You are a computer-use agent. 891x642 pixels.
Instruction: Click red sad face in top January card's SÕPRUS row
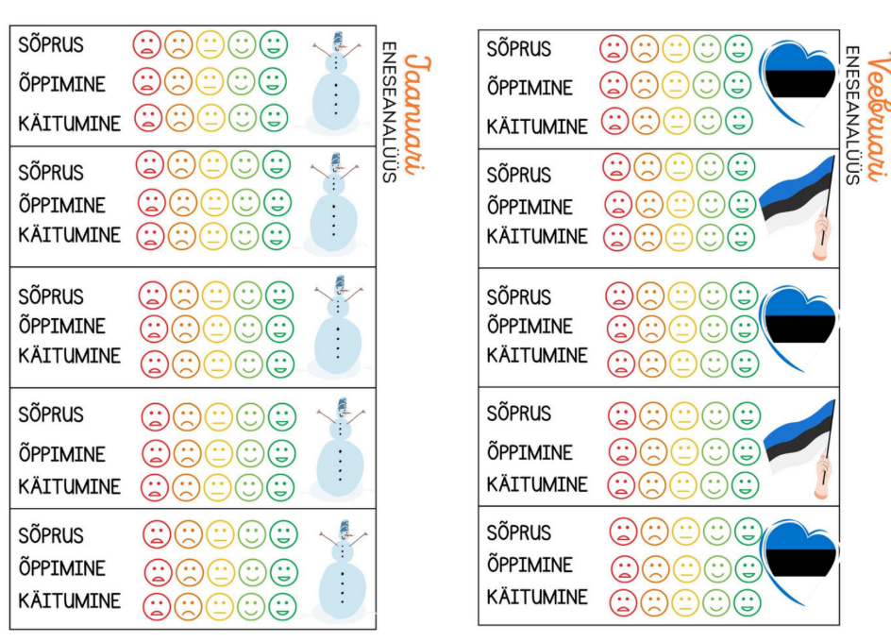click(146, 44)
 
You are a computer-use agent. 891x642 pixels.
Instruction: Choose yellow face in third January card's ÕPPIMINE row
click(217, 329)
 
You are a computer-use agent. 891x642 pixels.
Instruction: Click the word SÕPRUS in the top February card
click(517, 48)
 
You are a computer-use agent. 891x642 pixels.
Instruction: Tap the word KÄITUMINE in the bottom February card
click(536, 597)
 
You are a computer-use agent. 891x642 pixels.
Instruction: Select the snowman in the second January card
click(332, 204)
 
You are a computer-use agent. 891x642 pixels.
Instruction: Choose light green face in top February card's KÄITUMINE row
click(707, 121)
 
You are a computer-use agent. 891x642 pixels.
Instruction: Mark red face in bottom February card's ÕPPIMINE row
click(624, 568)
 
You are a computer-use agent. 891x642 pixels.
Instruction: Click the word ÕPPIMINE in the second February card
click(530, 207)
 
